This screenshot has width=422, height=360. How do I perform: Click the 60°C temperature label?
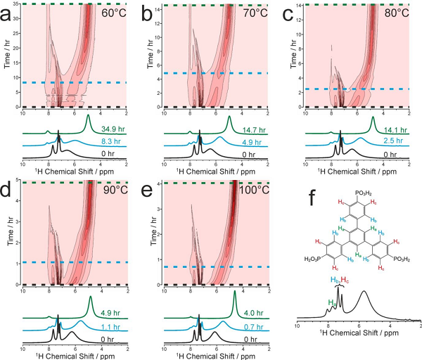pyautogui.click(x=113, y=13)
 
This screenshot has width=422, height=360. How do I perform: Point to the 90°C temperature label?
pyautogui.click(x=113, y=191)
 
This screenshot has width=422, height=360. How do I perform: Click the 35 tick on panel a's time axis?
pyautogui.click(x=17, y=6)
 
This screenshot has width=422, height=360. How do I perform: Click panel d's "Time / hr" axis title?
pyautogui.click(x=7, y=232)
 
